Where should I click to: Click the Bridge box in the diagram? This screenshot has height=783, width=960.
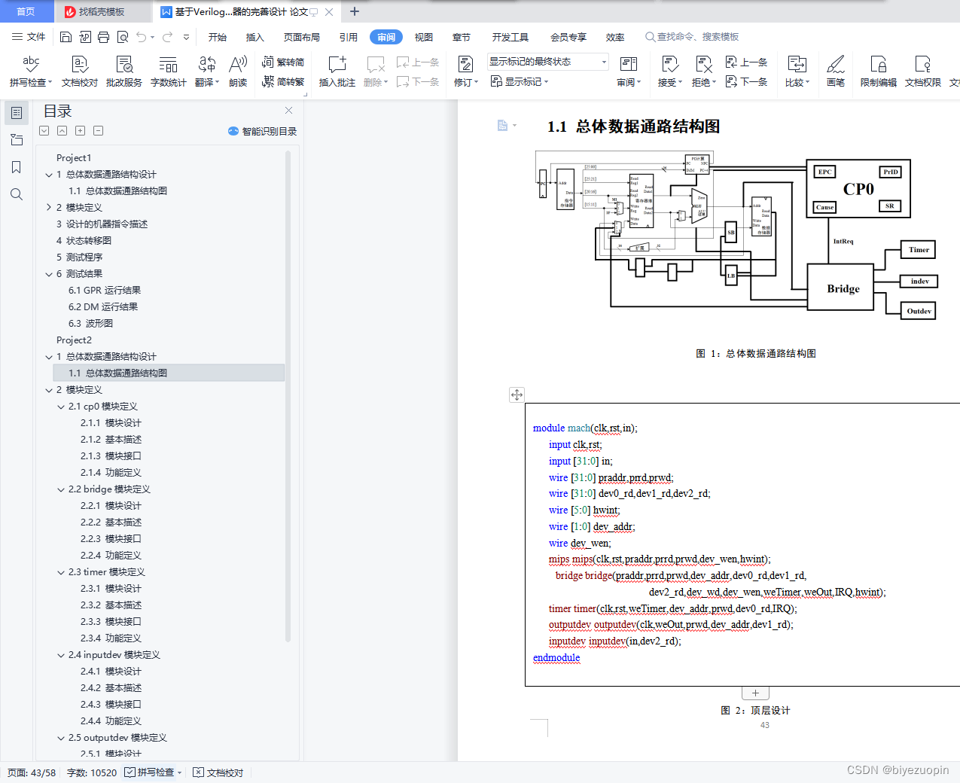click(843, 288)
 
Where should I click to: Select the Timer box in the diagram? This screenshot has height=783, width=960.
click(919, 250)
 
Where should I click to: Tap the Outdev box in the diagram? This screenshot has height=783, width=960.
click(919, 311)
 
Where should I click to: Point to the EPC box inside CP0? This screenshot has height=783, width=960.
click(824, 172)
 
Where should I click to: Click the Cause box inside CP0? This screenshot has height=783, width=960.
click(824, 207)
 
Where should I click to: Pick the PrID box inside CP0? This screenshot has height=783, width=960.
click(891, 172)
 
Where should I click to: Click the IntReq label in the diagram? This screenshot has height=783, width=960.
click(843, 242)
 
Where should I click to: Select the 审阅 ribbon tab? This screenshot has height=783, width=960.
click(386, 37)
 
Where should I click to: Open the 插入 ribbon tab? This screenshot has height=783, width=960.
click(255, 37)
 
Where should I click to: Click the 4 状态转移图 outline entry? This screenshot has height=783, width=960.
click(84, 241)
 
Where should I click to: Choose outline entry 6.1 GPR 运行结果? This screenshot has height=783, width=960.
click(105, 291)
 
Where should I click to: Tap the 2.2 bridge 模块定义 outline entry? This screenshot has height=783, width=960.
click(109, 489)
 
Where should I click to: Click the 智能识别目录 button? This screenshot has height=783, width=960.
click(263, 131)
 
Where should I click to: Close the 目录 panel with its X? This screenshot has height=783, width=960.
click(288, 111)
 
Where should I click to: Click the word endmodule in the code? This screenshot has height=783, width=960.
click(556, 658)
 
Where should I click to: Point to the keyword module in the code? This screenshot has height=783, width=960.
click(549, 428)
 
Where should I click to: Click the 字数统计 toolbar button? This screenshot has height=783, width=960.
click(168, 71)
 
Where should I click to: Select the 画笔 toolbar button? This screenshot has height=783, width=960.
click(836, 71)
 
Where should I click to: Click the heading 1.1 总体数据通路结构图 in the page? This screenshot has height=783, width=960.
click(633, 126)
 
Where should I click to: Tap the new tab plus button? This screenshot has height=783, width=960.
click(355, 11)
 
